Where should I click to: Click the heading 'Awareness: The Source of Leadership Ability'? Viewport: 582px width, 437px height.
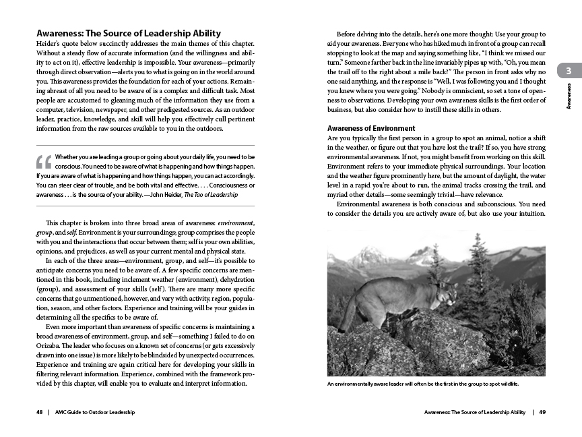pos(128,33)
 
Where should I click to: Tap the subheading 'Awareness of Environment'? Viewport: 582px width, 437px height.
pos(370,128)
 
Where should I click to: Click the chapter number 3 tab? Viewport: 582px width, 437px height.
pos(569,71)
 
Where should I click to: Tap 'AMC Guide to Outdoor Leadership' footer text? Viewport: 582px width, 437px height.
pos(94,412)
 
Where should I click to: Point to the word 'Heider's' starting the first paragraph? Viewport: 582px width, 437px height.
pos(50,44)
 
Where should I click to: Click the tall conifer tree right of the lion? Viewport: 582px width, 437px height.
pos(477,276)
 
